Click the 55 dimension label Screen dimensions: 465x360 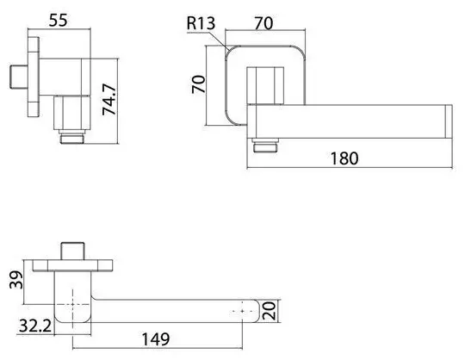[59, 21]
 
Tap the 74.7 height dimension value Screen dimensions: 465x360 [108, 100]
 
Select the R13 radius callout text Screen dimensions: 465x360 [201, 23]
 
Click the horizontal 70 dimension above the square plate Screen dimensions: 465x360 [263, 23]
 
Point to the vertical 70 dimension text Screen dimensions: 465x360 [198, 84]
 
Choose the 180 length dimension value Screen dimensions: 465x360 [344, 158]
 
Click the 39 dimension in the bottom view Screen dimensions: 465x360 [16, 280]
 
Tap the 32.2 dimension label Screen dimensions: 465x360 [35, 326]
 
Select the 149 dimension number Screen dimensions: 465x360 [156, 339]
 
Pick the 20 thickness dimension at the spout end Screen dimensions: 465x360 [270, 311]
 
